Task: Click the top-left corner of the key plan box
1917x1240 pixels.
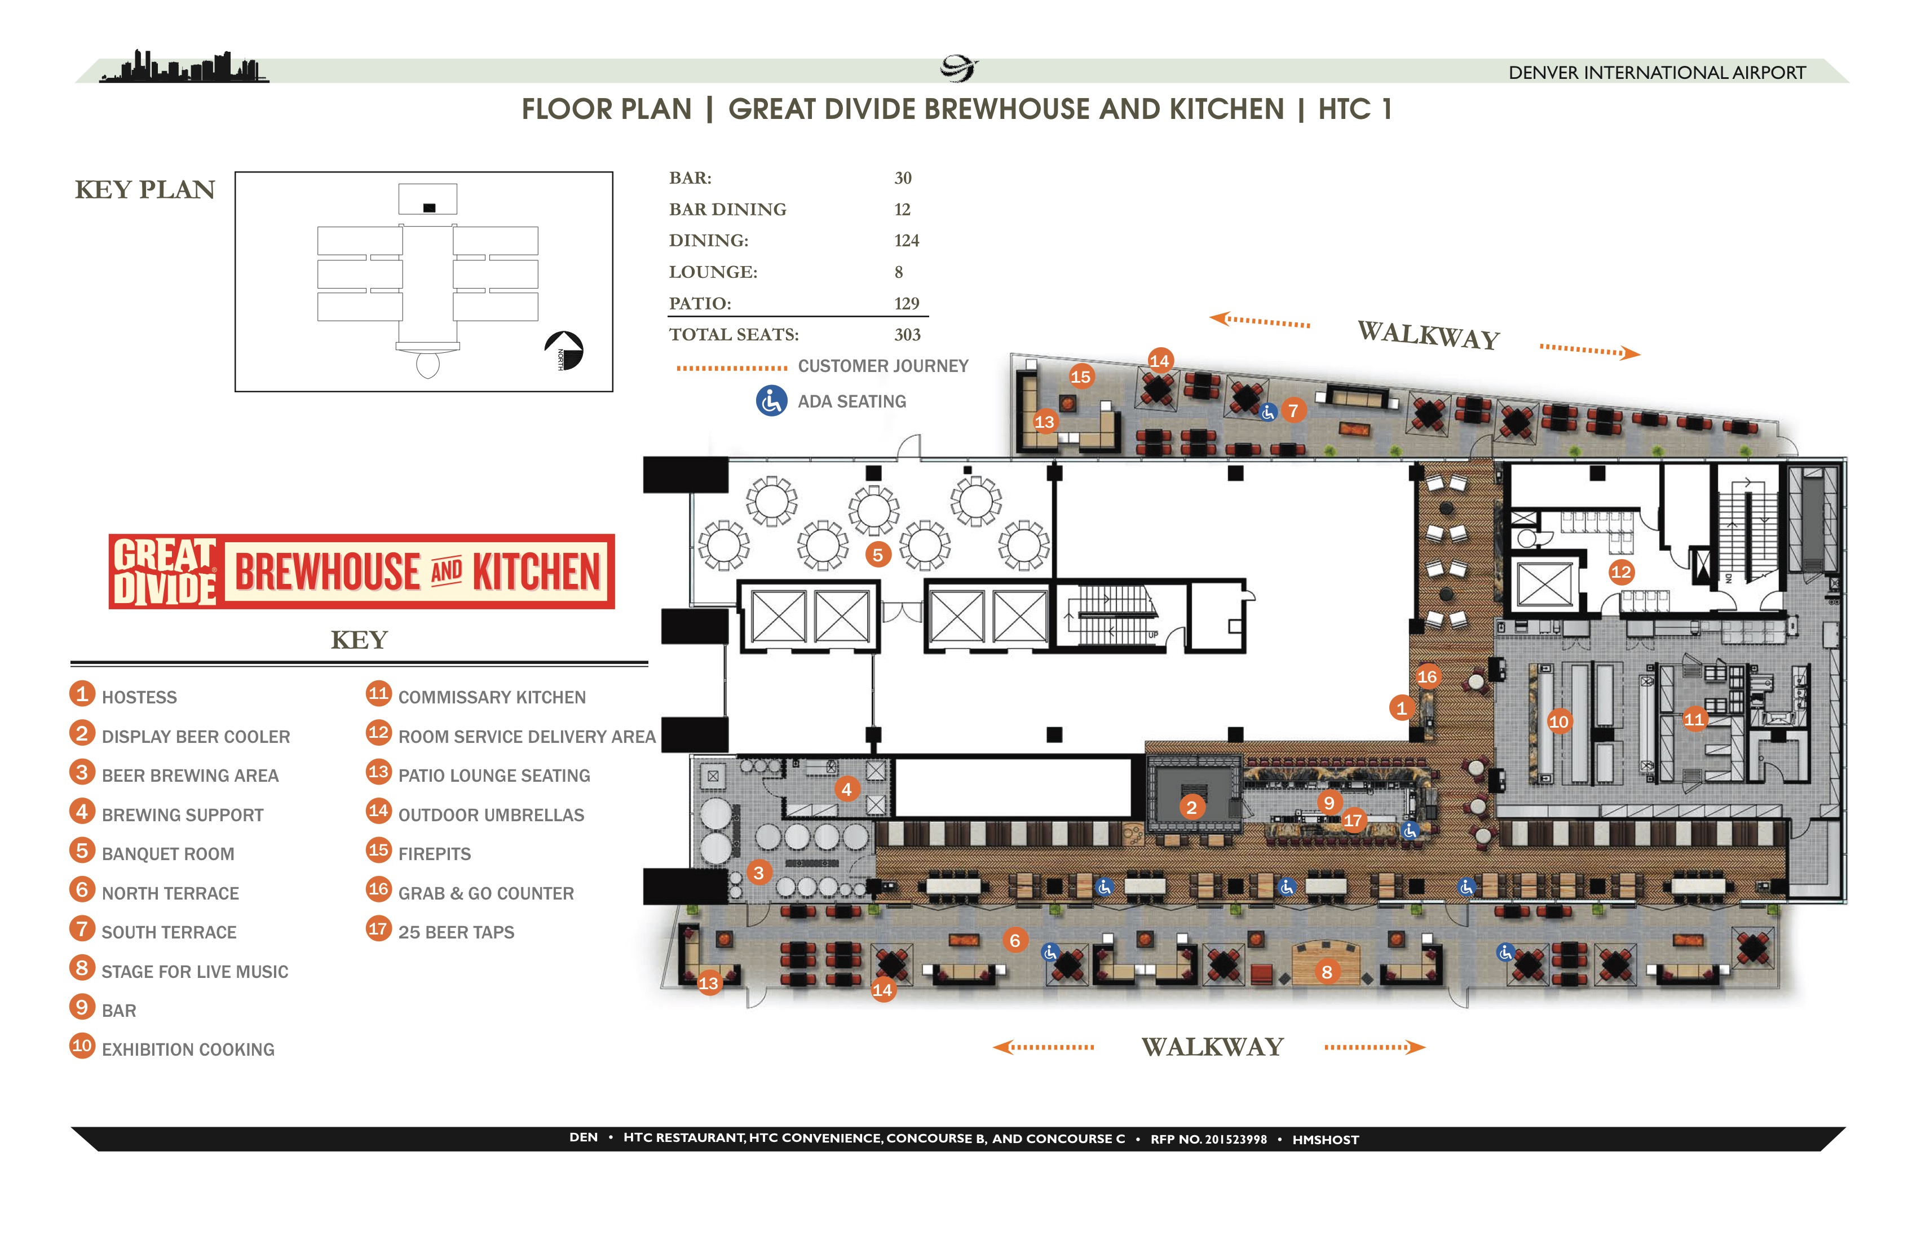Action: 235,171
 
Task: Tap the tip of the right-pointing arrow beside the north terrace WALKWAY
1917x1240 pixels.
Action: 1426,1048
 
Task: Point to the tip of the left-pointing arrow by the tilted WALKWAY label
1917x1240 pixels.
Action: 1209,317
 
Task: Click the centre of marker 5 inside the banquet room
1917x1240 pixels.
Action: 877,554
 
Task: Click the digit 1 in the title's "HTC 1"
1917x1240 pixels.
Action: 1386,109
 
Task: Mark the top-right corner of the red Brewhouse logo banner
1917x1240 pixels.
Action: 615,535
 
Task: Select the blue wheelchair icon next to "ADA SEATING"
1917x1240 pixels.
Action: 771,401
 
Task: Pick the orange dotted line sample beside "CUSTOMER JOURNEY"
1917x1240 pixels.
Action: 731,367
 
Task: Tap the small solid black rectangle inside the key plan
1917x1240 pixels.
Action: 429,208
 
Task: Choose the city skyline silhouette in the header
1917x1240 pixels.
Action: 184,67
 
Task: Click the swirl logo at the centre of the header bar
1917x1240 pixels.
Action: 958,68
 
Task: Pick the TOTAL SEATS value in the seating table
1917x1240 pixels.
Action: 907,335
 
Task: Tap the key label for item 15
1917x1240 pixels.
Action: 434,853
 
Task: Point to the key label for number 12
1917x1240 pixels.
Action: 527,737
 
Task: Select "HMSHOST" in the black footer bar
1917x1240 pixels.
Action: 1325,1139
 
